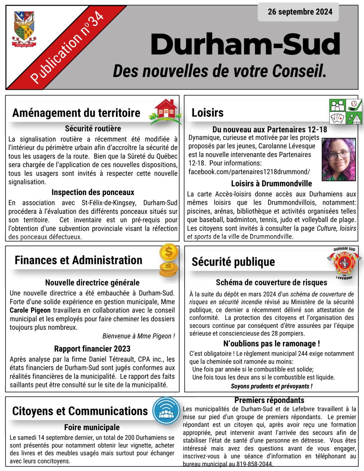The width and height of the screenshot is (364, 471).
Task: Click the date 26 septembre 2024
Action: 300,12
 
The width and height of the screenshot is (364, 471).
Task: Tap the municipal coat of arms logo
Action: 24,29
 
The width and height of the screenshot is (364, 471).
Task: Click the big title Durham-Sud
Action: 245,44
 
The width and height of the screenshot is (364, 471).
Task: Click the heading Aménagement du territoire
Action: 76,113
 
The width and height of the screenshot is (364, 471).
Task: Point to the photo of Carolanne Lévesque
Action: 338,159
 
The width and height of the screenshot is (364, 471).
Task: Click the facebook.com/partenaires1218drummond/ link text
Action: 249,172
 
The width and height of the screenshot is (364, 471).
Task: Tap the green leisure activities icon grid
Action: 346,111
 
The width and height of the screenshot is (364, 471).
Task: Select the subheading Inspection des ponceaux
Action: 93,192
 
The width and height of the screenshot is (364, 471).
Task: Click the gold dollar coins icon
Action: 169,260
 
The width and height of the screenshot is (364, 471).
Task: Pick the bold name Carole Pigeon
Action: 30,310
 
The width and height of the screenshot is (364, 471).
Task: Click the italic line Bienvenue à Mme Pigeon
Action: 139,336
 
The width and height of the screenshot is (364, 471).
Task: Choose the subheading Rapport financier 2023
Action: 92,349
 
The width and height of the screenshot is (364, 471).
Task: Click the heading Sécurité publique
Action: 233,262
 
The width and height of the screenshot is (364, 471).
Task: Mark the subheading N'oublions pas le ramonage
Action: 271,344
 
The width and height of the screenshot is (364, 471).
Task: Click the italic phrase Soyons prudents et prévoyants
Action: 271,386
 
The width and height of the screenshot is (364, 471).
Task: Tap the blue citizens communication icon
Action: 166,411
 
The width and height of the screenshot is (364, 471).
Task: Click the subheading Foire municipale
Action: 92,427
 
